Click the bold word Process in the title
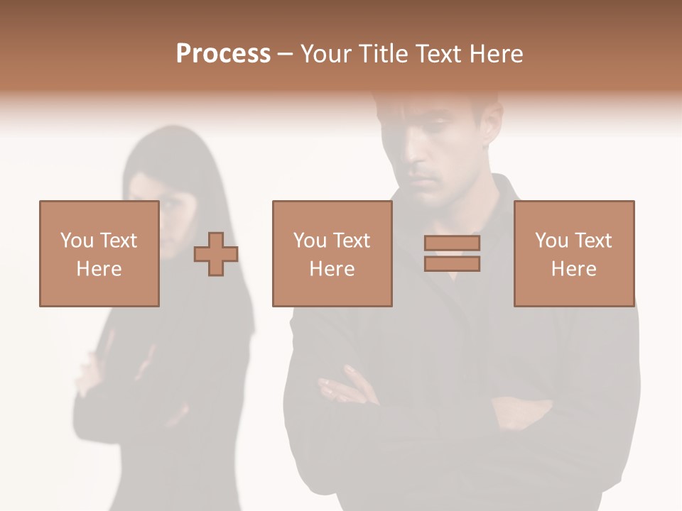(x=223, y=54)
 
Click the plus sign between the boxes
(x=216, y=254)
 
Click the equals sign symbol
(x=453, y=253)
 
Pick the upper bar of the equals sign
(x=453, y=243)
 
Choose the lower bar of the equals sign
(x=453, y=264)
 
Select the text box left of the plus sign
(x=99, y=253)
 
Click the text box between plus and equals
(x=332, y=253)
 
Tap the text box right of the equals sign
(x=573, y=253)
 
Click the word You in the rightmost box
(x=551, y=241)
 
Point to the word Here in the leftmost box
(x=99, y=269)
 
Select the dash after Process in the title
(x=285, y=55)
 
